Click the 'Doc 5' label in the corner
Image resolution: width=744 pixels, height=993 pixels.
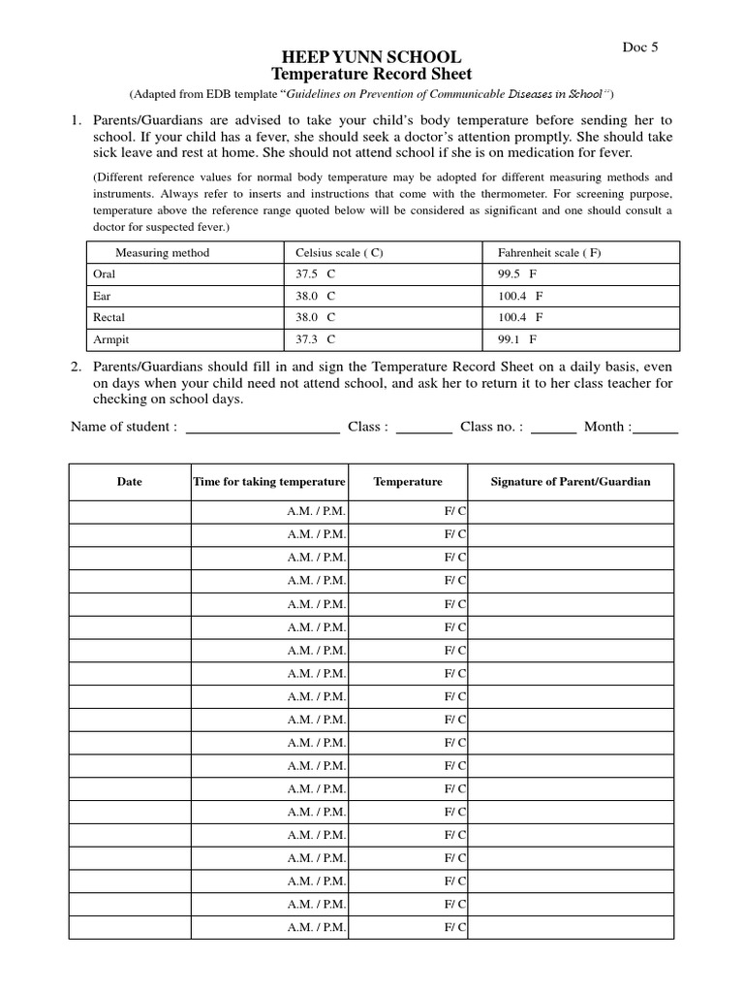tap(639, 47)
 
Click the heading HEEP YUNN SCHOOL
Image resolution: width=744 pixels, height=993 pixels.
tap(371, 57)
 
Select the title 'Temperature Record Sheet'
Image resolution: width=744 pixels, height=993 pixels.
tap(371, 75)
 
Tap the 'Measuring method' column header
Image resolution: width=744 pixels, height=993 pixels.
tap(162, 253)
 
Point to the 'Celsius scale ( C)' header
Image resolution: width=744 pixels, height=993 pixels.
tap(339, 253)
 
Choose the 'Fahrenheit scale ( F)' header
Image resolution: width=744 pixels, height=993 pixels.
tap(549, 253)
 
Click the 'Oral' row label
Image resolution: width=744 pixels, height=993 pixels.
tap(104, 274)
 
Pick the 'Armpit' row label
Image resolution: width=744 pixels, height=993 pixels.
tap(108, 339)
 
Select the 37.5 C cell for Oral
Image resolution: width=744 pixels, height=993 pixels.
tap(315, 274)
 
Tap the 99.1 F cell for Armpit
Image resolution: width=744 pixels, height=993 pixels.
tap(517, 339)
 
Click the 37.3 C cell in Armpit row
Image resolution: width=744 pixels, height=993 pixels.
tap(315, 339)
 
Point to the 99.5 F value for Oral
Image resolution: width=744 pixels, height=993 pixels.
tap(517, 274)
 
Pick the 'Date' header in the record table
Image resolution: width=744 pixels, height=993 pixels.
tap(129, 482)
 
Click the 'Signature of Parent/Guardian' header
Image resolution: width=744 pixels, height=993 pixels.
tap(571, 482)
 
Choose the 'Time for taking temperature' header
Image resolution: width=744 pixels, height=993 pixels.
tap(269, 482)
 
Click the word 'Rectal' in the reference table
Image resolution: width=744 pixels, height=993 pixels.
tap(108, 317)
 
